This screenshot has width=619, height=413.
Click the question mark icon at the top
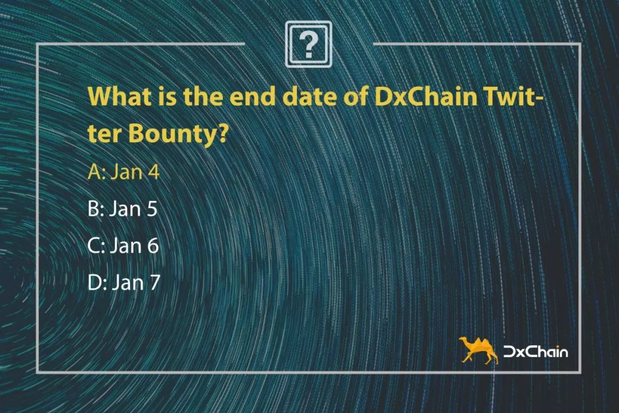click(308, 44)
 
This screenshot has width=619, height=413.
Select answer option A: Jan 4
click(124, 172)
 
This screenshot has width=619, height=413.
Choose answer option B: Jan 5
click(123, 208)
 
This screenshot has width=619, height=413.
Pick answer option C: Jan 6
click(123, 246)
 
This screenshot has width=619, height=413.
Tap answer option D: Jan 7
click(124, 282)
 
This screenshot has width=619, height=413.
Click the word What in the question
click(120, 96)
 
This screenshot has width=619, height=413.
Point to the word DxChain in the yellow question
click(426, 96)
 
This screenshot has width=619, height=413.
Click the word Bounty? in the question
click(178, 134)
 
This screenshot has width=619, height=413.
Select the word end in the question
click(252, 96)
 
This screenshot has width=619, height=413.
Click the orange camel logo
click(478, 350)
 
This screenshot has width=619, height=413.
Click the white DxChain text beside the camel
click(536, 352)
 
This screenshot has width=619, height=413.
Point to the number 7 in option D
click(154, 282)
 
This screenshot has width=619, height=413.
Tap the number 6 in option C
click(153, 246)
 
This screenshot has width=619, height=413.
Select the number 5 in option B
click(152, 208)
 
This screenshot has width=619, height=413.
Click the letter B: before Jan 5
click(96, 208)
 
